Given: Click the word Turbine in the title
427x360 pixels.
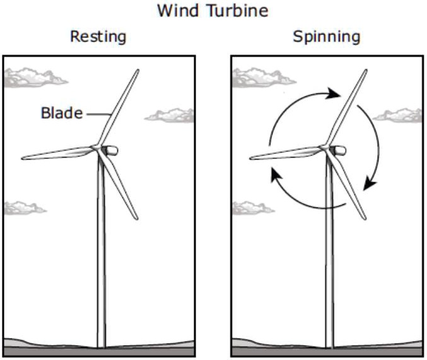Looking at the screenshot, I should pos(239,11).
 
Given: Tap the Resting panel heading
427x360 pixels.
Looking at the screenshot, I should pos(98,37).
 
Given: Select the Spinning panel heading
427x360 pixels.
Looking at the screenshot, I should pos(326,37).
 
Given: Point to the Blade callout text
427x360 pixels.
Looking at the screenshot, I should pos(61,113).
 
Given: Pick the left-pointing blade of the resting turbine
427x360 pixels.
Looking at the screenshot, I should pos(57,153).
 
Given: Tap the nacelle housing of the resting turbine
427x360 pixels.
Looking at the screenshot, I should pos(111,151).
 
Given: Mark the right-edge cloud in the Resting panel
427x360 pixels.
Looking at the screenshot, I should pos(170,115).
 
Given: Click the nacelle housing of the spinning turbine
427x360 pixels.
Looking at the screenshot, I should pos(339,151).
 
